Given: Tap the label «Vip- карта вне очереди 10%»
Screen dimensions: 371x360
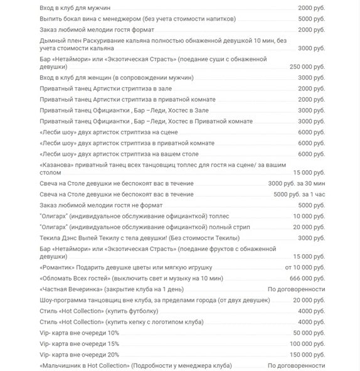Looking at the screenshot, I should tap(79, 332).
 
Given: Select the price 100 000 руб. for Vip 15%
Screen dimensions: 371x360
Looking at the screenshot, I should tap(307, 343).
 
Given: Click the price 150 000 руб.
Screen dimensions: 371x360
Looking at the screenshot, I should tap(307, 354).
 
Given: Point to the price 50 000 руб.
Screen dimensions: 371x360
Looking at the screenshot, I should tap(309, 332).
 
